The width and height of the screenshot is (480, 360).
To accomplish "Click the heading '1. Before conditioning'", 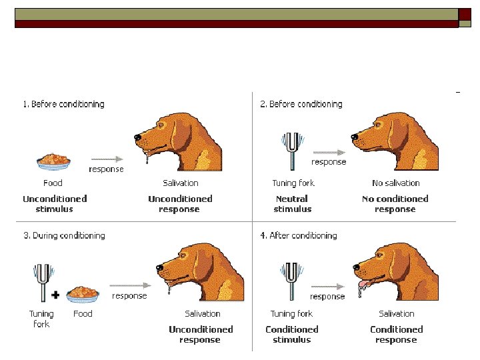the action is point(63,104).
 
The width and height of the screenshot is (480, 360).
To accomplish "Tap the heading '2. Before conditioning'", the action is point(301,104).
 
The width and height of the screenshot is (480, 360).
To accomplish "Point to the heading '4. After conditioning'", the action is point(298,235).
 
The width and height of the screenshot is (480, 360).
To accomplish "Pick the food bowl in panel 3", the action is point(83,292).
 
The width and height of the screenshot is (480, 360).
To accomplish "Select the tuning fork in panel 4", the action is point(291,278).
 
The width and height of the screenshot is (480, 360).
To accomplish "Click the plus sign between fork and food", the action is point(56,293).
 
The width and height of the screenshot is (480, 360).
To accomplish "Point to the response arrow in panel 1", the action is point(107,159).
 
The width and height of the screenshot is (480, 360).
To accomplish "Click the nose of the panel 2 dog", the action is point(354,137).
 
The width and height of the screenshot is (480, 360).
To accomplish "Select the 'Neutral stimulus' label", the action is point(292,204).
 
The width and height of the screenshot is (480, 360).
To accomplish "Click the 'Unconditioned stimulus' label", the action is point(55,204).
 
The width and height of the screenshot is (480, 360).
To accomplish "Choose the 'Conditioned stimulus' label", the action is point(292,335).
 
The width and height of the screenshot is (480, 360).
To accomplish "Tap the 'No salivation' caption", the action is point(396,183).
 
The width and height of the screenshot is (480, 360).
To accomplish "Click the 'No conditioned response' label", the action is point(395,204).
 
